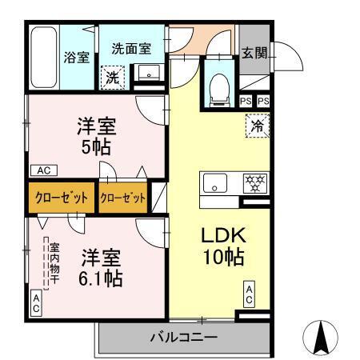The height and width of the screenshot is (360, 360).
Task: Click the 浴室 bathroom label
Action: point(76,58)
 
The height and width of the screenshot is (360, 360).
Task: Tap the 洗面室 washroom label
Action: point(130,47)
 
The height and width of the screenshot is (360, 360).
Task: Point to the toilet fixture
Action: point(218,90)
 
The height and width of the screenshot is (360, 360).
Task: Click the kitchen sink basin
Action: point(214,183)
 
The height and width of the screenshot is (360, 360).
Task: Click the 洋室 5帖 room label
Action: point(98,136)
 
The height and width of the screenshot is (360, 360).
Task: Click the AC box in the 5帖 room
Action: point(43,170)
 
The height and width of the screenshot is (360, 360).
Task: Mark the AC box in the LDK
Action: point(249,294)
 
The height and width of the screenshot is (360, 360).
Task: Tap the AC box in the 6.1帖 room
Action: point(36,302)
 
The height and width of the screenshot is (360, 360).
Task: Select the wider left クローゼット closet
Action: point(61,198)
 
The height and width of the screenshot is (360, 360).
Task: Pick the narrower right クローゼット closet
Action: point(123,198)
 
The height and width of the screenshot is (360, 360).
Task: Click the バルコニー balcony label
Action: point(183,338)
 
